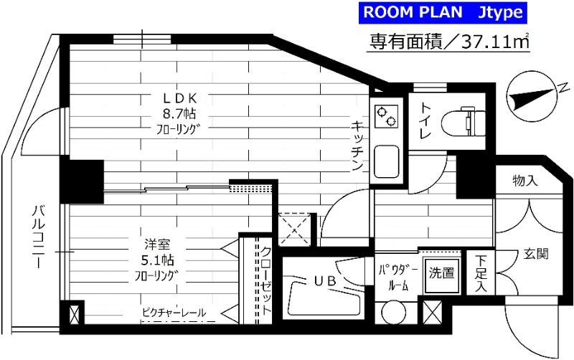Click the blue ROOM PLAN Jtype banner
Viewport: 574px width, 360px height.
click(443, 13)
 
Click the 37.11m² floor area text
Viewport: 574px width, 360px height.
click(496, 42)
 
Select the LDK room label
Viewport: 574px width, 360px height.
click(180, 98)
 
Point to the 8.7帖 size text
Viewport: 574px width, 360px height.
click(179, 113)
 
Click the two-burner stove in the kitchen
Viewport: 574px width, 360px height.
click(386, 115)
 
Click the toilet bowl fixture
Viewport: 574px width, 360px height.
click(464, 123)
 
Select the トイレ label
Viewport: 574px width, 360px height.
click(425, 120)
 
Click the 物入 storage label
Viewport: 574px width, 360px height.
click(525, 180)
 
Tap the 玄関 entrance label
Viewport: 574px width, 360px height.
click(536, 254)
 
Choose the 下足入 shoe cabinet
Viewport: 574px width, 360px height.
click(481, 273)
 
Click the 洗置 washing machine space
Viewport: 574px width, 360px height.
click(441, 275)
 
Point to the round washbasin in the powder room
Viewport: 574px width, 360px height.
click(393, 313)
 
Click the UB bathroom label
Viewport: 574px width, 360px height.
click(325, 280)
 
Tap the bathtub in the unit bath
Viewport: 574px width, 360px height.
click(325, 298)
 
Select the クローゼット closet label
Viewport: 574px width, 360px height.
click(266, 281)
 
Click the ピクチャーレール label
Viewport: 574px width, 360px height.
click(174, 313)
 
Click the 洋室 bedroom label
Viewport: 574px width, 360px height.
click(157, 244)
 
